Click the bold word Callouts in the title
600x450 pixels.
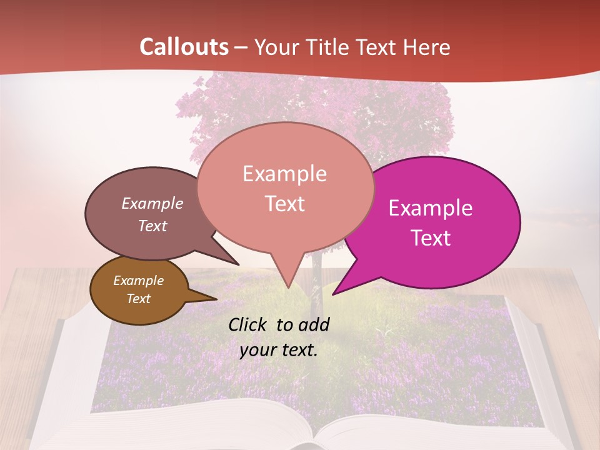[x=184, y=47]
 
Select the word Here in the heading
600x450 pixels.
[x=426, y=47]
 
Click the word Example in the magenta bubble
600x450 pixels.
[x=431, y=208]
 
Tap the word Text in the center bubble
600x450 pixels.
[x=285, y=204]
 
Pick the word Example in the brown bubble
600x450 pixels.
[x=138, y=281]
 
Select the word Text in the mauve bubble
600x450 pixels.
[x=152, y=226]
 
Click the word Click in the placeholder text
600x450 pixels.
[x=247, y=324]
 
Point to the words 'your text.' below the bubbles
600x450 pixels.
[x=279, y=350]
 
